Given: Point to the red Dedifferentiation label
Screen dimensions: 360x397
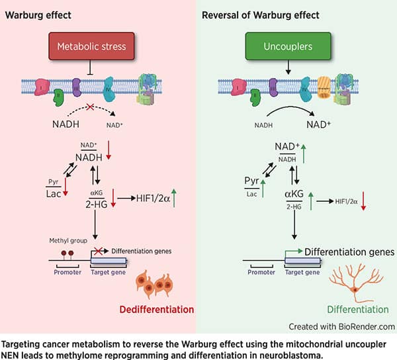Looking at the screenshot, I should [x=156, y=309].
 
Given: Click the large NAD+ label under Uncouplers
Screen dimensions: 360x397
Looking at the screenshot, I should [x=300, y=123].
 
